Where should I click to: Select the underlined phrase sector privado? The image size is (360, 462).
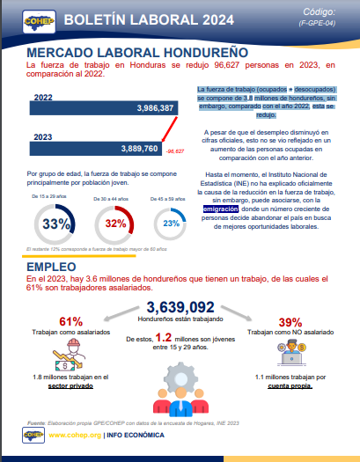71,385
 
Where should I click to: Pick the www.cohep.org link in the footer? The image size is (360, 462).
73,435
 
